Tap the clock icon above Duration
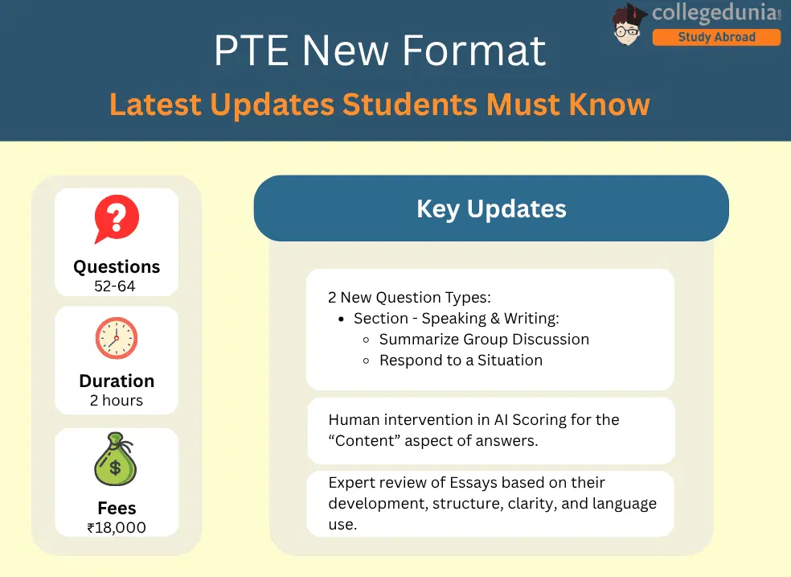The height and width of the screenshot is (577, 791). pyautogui.click(x=117, y=338)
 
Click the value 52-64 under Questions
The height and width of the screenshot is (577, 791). pyautogui.click(x=117, y=286)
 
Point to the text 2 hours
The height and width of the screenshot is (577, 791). pyautogui.click(x=117, y=400)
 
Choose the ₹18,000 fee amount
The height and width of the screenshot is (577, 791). pyautogui.click(x=117, y=528)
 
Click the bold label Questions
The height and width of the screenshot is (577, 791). pyautogui.click(x=117, y=266)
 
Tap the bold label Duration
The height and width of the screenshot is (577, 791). pyautogui.click(x=117, y=381)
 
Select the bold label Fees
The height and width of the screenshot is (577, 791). pyautogui.click(x=117, y=509)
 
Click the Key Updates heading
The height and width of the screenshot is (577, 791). pyautogui.click(x=491, y=209)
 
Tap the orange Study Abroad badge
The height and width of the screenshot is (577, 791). pyautogui.click(x=716, y=37)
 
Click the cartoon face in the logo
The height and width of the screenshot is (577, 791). pyautogui.click(x=630, y=23)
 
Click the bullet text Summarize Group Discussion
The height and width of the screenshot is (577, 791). pyautogui.click(x=484, y=340)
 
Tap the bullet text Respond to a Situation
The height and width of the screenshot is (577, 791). pyautogui.click(x=461, y=361)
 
